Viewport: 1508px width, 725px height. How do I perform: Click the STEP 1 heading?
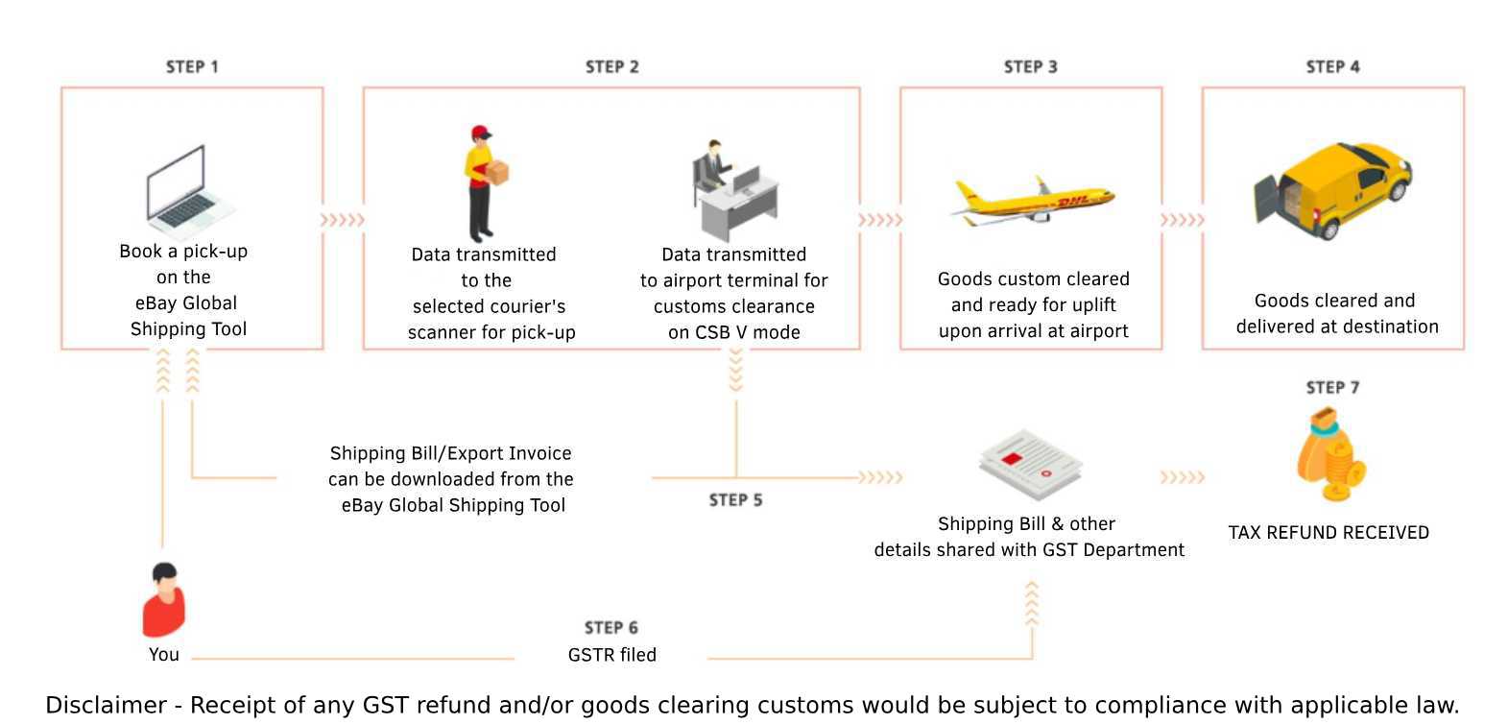point(192,66)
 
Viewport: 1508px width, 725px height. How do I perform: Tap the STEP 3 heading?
point(1031,66)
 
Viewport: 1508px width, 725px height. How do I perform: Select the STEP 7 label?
point(1333,388)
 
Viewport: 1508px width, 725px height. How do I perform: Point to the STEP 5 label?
point(736,500)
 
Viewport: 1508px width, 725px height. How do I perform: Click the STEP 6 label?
point(611,628)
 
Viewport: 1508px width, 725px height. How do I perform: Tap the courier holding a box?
point(485,183)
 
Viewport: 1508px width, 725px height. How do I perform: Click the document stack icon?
point(1031,465)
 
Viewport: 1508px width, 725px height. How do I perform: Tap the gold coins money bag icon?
point(1331,454)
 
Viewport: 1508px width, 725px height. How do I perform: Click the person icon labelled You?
point(163,600)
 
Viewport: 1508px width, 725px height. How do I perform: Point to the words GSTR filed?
point(612,654)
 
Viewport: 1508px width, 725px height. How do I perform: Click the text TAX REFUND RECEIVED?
point(1328,533)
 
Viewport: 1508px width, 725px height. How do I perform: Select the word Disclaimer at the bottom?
point(106,705)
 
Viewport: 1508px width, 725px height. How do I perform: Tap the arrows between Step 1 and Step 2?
point(343,220)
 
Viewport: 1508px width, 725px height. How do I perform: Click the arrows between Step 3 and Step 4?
point(1183,220)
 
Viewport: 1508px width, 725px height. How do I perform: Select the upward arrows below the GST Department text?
point(1031,604)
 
